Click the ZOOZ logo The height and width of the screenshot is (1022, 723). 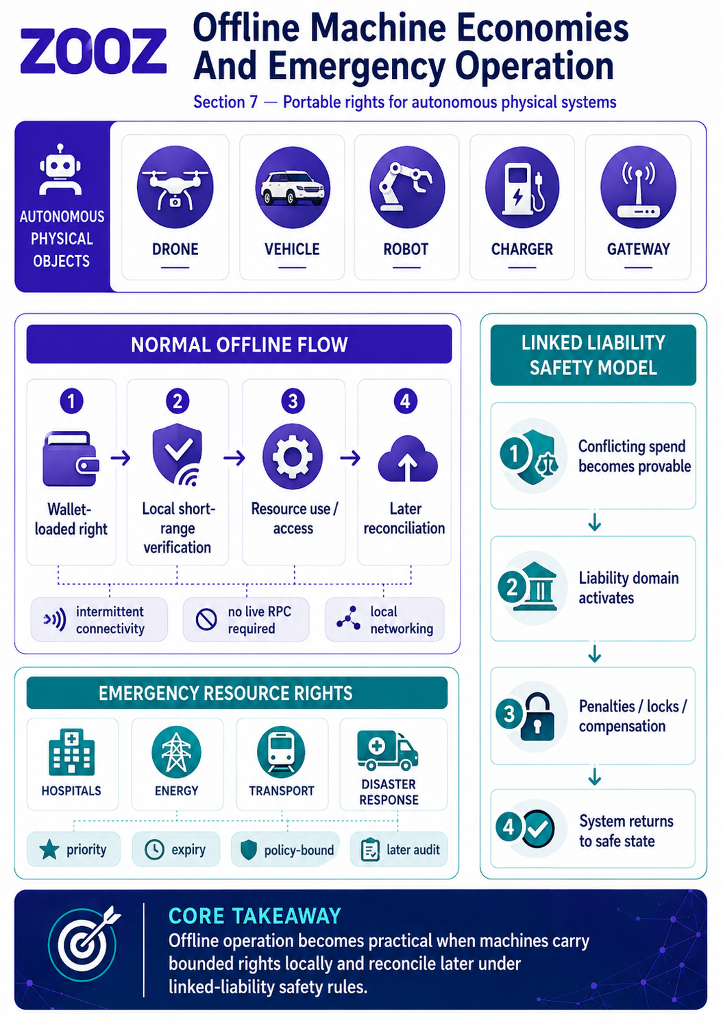(93, 51)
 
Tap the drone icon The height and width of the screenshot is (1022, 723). (175, 187)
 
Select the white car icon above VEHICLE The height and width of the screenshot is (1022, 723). (293, 188)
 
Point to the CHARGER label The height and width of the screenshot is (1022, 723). (522, 249)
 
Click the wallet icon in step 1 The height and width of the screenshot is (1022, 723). (71, 459)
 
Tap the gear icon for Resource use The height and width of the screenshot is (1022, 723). (293, 457)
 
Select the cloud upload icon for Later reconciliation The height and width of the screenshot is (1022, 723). (407, 459)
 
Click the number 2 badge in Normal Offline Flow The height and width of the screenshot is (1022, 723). (177, 401)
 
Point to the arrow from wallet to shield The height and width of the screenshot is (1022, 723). (121, 457)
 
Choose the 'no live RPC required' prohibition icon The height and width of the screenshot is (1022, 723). (206, 620)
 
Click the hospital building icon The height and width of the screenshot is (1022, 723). (72, 751)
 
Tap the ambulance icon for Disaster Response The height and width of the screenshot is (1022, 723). (388, 751)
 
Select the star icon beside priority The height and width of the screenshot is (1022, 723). (49, 849)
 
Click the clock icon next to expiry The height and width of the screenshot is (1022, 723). (154, 850)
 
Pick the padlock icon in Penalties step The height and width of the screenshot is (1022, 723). (538, 717)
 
